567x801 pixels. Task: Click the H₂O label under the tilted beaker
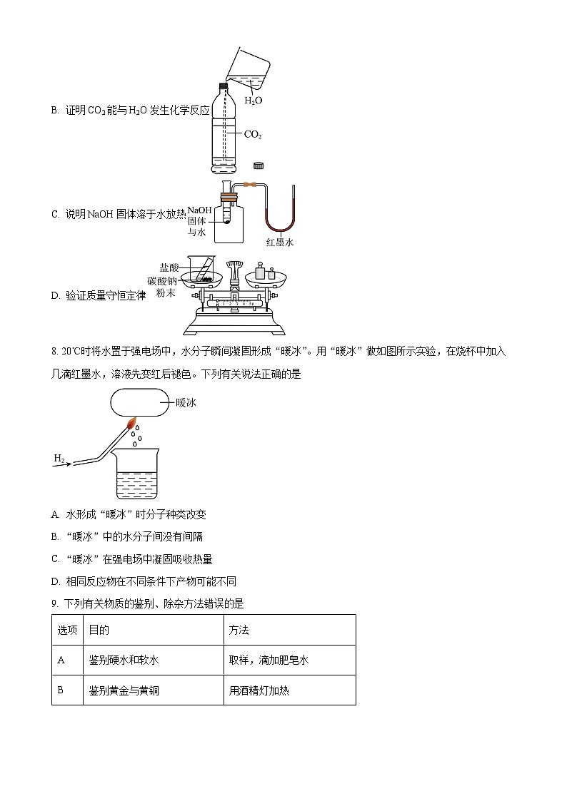pyautogui.click(x=254, y=101)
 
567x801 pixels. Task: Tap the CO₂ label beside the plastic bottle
pyautogui.click(x=253, y=134)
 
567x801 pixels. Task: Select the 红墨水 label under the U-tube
pyautogui.click(x=279, y=243)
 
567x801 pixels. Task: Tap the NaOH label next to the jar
pyautogui.click(x=200, y=210)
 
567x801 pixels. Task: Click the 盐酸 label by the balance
pyautogui.click(x=169, y=267)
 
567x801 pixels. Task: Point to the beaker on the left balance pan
pyautogui.click(x=202, y=270)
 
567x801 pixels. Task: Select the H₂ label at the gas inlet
pyautogui.click(x=59, y=457)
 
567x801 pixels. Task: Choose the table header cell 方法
pyautogui.click(x=239, y=631)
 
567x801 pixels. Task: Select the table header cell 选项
pyautogui.click(x=66, y=631)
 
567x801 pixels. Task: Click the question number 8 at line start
pyautogui.click(x=54, y=352)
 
